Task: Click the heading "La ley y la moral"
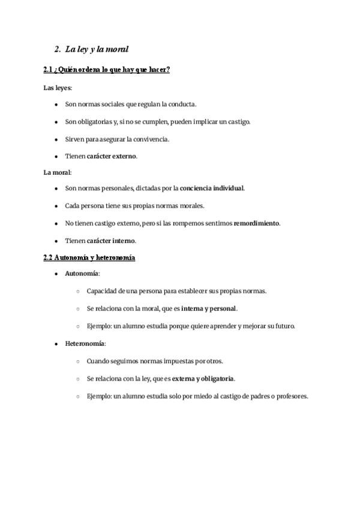coord(97,49)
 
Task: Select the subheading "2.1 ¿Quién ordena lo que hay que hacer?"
coord(107,70)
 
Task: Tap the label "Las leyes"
coord(57,88)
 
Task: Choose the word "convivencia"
coord(149,139)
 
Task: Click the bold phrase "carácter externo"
coord(112,157)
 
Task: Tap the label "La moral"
coord(56,172)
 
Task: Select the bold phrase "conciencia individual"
coord(212,188)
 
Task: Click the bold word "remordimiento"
coord(256,223)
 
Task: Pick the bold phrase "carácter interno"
coord(111,241)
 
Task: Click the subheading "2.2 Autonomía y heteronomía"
coord(89,258)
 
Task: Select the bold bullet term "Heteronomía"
coord(85,344)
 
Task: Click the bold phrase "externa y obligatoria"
coord(203,379)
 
